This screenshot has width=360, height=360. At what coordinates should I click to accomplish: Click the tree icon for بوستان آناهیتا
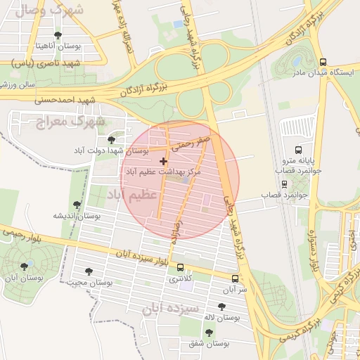pyautogui.click(x=58, y=35)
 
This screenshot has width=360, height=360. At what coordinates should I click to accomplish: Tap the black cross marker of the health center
pyautogui.click(x=164, y=161)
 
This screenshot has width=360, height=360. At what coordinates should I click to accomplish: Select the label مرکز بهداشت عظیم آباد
pyautogui.click(x=163, y=172)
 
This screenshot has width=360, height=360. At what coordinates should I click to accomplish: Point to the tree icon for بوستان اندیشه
pyautogui.click(x=77, y=205)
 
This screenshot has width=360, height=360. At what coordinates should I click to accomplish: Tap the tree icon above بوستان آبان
pyautogui.click(x=25, y=266)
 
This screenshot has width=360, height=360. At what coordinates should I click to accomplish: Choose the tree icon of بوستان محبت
pyautogui.click(x=89, y=271)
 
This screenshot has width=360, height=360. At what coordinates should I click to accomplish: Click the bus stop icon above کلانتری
pyautogui.click(x=181, y=268)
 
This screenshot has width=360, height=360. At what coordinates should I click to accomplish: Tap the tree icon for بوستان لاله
pyautogui.click(x=222, y=307)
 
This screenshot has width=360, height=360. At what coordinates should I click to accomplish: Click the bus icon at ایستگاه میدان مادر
pyautogui.click(x=323, y=62)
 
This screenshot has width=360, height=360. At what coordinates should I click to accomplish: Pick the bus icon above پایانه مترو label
pyautogui.click(x=298, y=150)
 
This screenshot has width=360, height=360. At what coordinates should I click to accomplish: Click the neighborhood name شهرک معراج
pyautogui.click(x=70, y=122)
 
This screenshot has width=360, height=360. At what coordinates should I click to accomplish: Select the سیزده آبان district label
pyautogui.click(x=171, y=308)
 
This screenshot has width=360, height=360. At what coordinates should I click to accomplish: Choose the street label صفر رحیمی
pyautogui.click(x=192, y=143)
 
